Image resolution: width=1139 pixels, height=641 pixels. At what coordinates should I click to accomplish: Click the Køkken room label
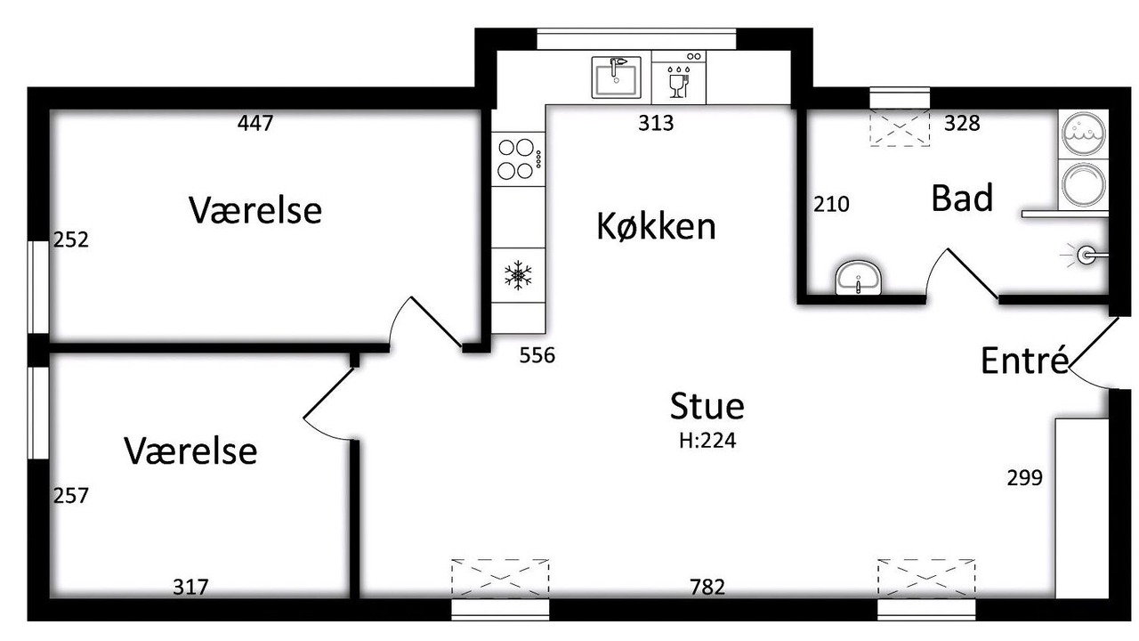click(x=656, y=226)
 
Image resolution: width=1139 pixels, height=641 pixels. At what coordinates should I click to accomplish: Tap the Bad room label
click(x=962, y=198)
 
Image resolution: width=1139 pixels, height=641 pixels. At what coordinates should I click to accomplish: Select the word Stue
click(x=707, y=406)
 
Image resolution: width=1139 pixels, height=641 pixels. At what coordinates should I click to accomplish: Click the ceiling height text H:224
click(x=707, y=441)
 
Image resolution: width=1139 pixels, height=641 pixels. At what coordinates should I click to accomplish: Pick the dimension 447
click(x=255, y=123)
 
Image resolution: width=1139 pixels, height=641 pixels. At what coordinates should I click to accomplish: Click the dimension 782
click(x=707, y=587)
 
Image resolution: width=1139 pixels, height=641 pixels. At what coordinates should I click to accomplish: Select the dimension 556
click(x=537, y=355)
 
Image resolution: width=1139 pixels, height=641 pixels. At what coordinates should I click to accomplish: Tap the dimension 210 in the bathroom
click(x=831, y=204)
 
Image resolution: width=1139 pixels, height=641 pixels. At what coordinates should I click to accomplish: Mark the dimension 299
click(x=1024, y=478)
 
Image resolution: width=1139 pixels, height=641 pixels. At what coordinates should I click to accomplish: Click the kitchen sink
click(x=616, y=77)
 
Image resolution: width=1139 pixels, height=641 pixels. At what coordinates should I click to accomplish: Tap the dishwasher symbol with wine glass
click(x=679, y=77)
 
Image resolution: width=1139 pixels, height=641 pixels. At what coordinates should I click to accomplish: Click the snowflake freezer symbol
click(x=518, y=275)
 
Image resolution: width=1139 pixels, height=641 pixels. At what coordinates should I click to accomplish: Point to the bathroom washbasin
click(x=859, y=278)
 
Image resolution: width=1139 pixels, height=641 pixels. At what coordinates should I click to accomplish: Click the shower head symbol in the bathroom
click(x=1085, y=255)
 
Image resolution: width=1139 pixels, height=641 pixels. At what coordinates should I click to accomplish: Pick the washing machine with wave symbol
click(x=1084, y=134)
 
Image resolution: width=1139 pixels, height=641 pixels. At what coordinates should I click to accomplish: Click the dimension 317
click(x=190, y=587)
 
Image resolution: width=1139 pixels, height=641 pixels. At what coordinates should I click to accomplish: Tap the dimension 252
click(x=70, y=239)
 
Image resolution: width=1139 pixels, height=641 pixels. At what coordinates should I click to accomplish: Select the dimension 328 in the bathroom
click(x=962, y=123)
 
